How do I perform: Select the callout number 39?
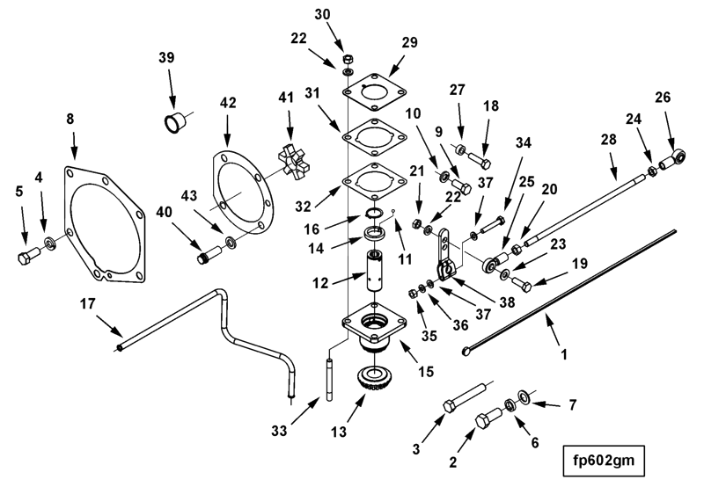click(x=166, y=57)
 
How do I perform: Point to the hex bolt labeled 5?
click(x=26, y=258)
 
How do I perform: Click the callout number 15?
click(x=428, y=372)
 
